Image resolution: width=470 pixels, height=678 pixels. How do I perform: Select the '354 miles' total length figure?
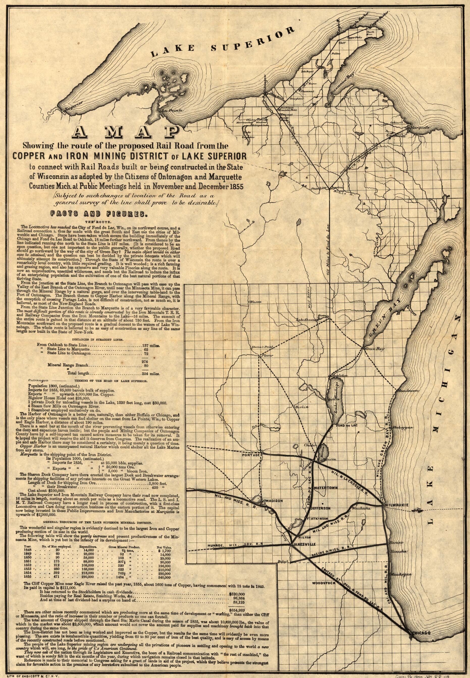click(x=150, y=373)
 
